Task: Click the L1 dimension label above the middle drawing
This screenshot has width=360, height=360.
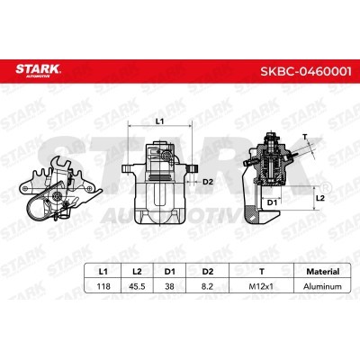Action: click(160, 120)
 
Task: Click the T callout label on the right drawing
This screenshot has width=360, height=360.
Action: click(304, 136)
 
